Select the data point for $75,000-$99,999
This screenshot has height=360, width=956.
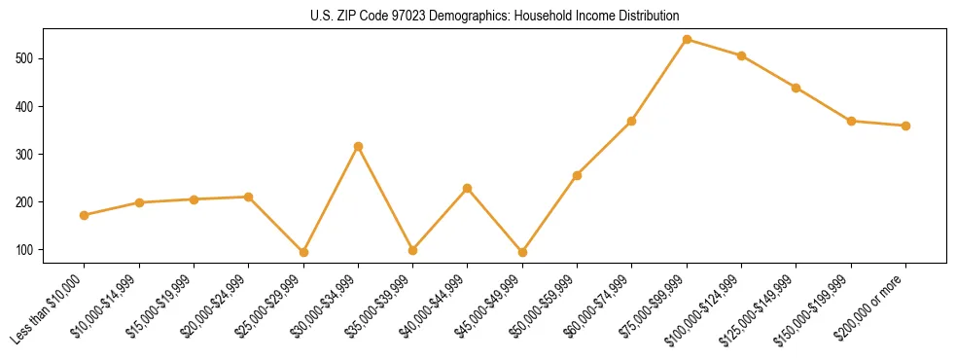[x=687, y=39]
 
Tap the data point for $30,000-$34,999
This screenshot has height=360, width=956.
[x=358, y=146]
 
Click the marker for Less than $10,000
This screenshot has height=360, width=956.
[x=85, y=215]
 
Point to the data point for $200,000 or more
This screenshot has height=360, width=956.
[x=905, y=126]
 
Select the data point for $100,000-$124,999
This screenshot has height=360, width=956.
[x=741, y=55]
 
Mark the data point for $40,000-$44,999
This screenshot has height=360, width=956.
[x=468, y=188]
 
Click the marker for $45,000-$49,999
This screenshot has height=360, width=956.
[x=522, y=252]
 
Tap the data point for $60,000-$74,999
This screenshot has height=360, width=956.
[x=632, y=121]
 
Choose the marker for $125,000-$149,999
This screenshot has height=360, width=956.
[x=796, y=88]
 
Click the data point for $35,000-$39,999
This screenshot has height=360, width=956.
[x=412, y=250]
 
